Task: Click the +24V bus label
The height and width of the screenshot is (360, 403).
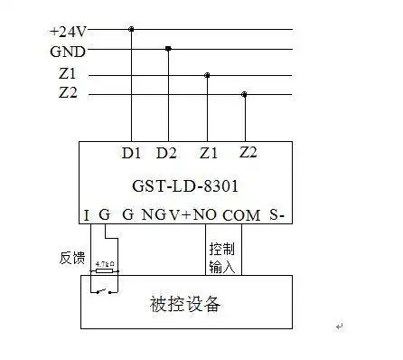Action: point(67,31)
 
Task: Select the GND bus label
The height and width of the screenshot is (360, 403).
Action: point(68,52)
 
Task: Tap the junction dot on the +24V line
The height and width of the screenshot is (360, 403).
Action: point(132,29)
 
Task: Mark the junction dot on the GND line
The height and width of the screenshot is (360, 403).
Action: point(169,49)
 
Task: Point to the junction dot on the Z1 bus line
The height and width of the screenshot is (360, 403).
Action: point(207,75)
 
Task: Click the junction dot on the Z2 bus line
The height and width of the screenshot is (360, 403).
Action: point(244,94)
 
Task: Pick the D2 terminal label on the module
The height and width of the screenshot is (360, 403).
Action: point(167,154)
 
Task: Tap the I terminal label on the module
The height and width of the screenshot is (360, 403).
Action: point(87,215)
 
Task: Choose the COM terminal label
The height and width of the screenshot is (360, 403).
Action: point(240,215)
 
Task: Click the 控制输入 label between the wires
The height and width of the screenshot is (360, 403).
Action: point(221,256)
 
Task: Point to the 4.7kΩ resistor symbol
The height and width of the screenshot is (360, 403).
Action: point(105,270)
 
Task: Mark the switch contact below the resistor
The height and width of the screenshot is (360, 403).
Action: point(105,289)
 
